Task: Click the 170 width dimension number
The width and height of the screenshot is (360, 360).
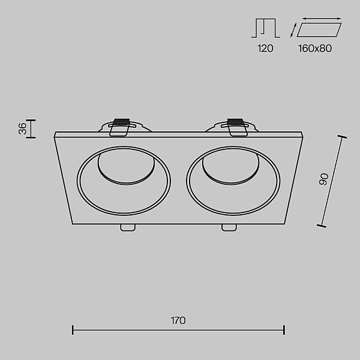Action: [x=178, y=320]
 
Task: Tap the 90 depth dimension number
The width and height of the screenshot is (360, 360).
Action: [x=324, y=179]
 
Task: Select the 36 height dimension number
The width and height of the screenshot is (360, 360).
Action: [x=23, y=128]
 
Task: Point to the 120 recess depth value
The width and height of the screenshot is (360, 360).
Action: [x=265, y=49]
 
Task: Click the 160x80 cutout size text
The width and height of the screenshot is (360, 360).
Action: [x=315, y=49]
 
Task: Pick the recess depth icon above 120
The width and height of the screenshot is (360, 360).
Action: [x=266, y=28]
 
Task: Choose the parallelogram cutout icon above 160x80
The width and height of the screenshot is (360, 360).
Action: [x=319, y=30]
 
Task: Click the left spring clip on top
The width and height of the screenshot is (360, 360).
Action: [x=119, y=127]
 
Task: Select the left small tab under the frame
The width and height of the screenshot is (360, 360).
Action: [x=128, y=227]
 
